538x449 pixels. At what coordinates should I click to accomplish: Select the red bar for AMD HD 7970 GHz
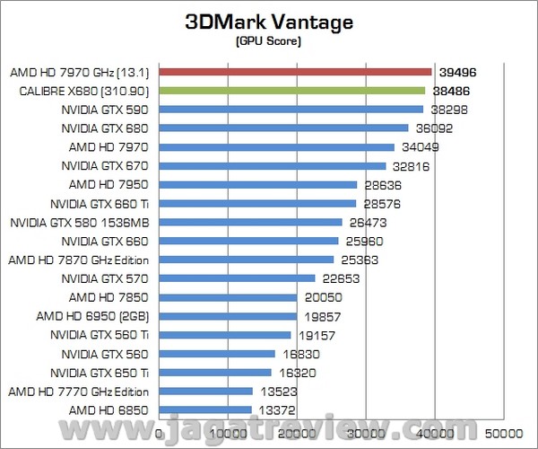tap(296, 71)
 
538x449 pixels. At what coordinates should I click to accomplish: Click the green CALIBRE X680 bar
tap(292, 90)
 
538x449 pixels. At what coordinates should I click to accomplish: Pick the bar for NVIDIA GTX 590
tap(291, 109)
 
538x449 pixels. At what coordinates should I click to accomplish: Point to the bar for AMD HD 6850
tap(205, 409)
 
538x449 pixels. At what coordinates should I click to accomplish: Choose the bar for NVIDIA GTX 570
tap(238, 278)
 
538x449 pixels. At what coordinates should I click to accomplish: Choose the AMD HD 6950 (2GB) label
tap(99, 316)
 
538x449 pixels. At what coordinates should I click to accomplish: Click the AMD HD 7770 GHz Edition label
tap(79, 392)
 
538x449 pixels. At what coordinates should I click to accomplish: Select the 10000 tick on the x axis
tap(229, 434)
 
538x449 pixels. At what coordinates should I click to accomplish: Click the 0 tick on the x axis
tap(160, 434)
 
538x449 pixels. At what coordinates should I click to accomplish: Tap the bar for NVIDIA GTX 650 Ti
tap(215, 372)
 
